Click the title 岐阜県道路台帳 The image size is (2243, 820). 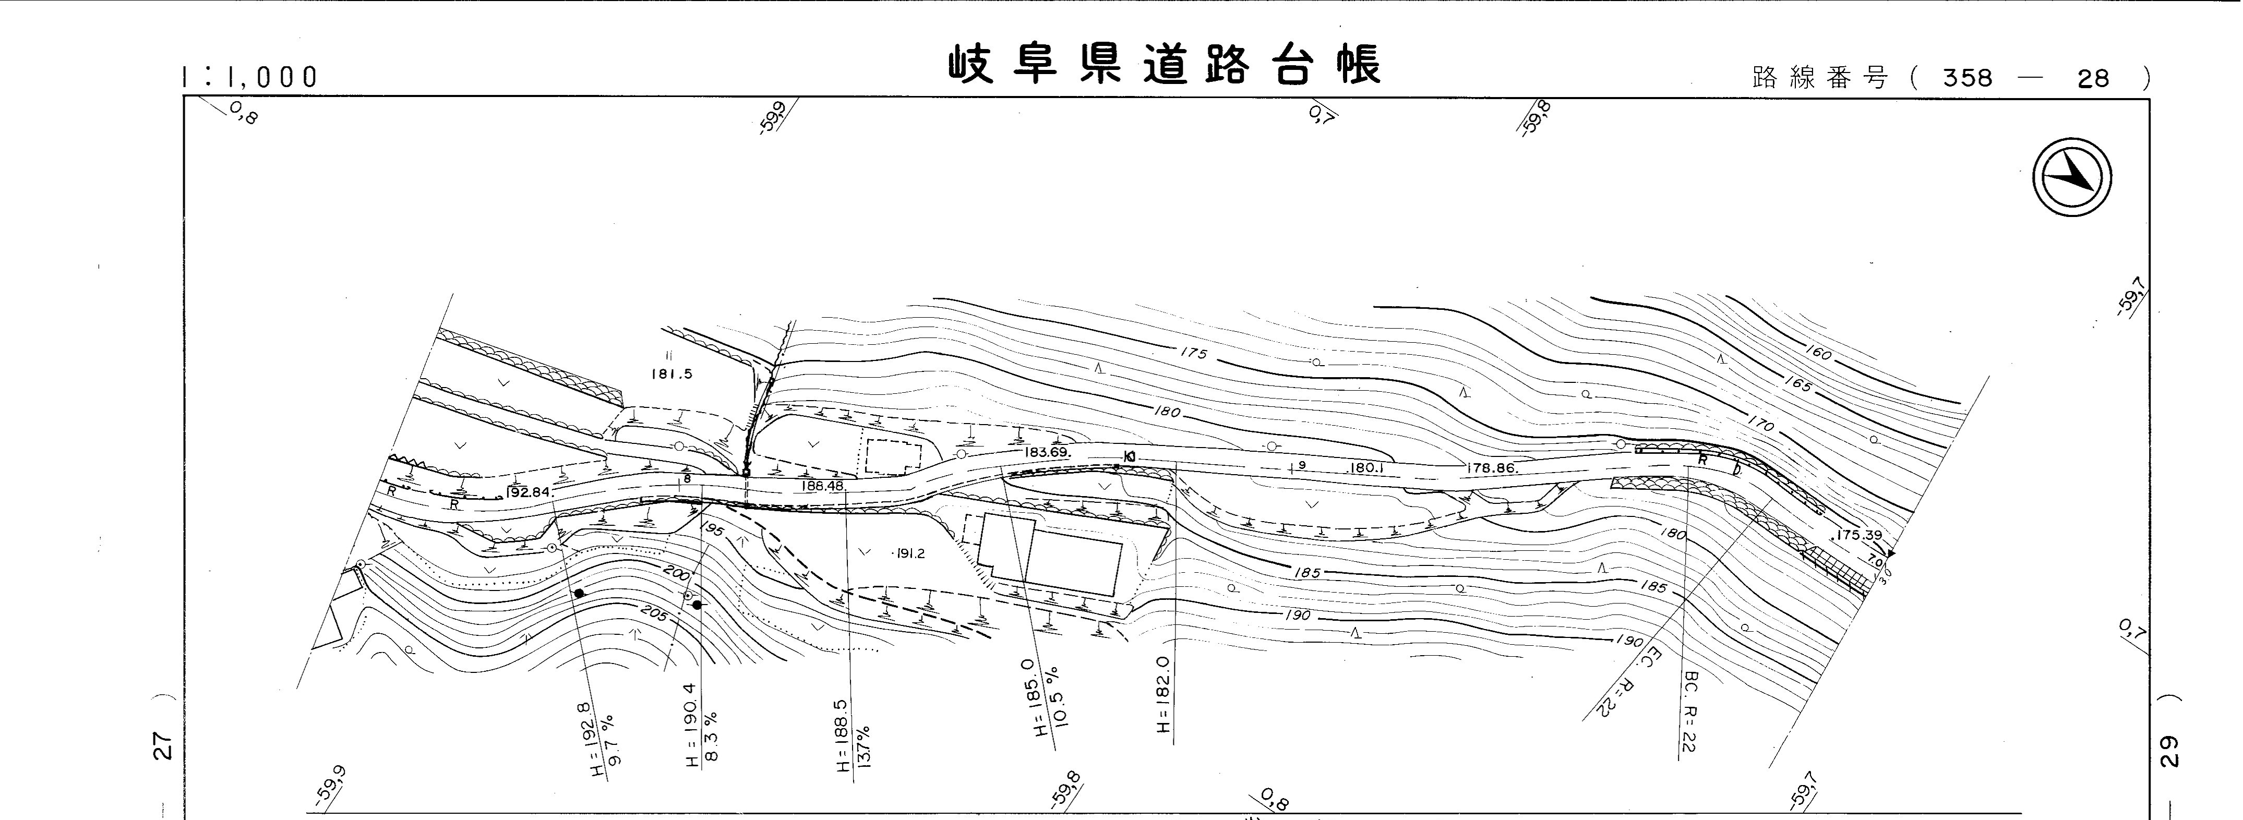[1164, 65]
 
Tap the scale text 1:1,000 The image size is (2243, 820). [250, 78]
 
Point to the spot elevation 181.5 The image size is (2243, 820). [671, 373]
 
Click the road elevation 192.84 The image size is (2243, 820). [527, 492]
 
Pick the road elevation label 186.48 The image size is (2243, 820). [822, 486]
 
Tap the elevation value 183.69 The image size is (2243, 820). [1047, 453]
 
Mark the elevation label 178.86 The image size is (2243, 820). [1492, 467]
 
